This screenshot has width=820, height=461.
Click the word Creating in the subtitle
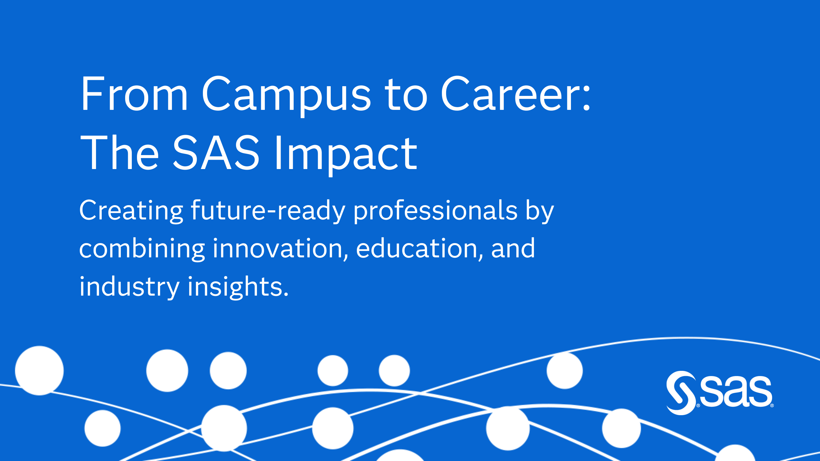131,211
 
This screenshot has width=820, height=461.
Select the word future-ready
268,211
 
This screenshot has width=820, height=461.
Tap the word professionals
436,211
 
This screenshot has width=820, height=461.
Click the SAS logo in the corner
719,393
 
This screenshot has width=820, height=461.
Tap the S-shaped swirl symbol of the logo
681,393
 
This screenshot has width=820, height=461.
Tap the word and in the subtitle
513,249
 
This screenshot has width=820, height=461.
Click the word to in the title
406,94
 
